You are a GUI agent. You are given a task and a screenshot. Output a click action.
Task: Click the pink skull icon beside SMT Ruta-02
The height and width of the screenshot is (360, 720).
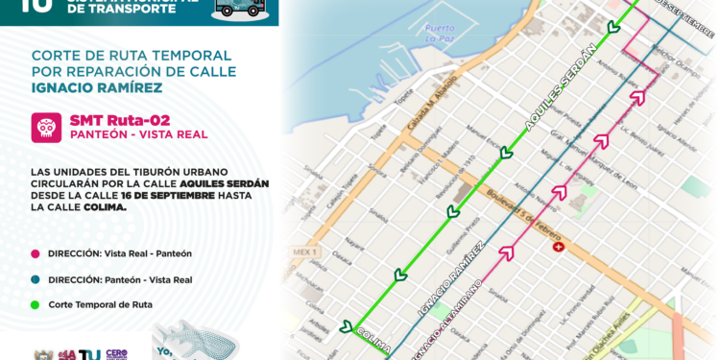(x=43, y=126)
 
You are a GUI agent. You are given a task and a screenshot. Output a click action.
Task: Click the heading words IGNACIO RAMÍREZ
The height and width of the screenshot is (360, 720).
(x=92, y=88)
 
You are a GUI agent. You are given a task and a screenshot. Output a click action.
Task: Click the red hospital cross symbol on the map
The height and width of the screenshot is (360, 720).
(x=559, y=248)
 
